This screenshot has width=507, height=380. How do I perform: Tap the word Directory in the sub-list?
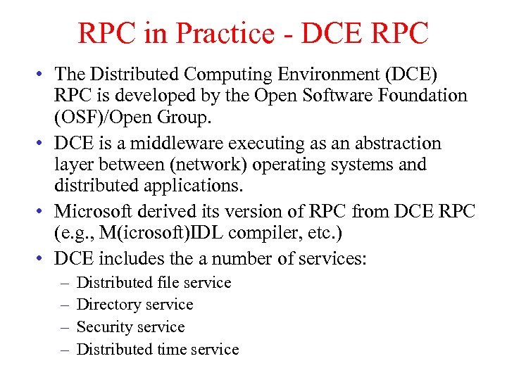pyautogui.click(x=106, y=305)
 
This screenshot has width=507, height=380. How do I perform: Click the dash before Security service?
pyautogui.click(x=63, y=327)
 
